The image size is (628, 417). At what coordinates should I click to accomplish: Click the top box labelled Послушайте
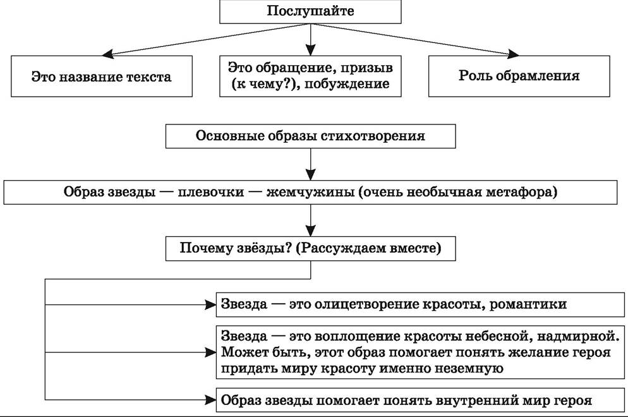coord(310,11)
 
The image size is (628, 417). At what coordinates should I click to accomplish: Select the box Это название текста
coord(102,76)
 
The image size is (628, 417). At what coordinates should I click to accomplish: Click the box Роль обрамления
coord(519,76)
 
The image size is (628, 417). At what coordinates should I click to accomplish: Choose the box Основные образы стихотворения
coord(310,136)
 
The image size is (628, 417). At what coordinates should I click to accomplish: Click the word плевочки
coord(210,192)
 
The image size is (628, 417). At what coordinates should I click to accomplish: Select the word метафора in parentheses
coord(521,192)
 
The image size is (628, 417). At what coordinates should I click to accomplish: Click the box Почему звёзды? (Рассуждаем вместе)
coord(310,249)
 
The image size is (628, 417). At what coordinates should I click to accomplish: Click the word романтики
coord(528,305)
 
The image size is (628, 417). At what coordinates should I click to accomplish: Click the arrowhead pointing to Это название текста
coord(108,54)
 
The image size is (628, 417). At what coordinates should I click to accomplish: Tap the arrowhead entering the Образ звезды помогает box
coord(210,399)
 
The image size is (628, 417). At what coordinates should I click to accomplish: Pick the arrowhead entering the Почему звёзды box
coord(310,231)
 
